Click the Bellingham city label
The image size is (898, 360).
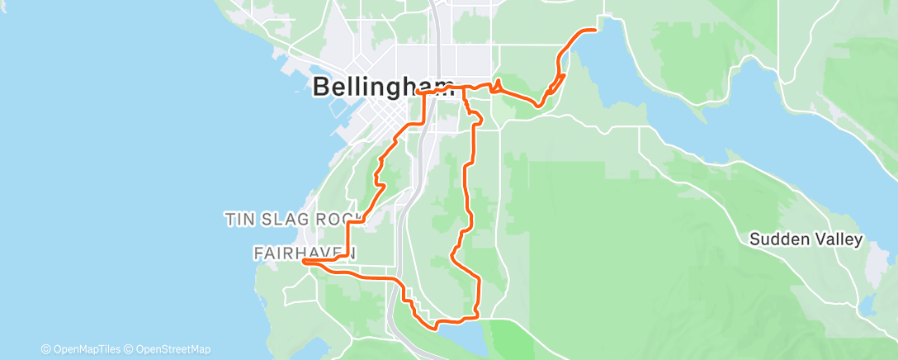[x=384, y=88]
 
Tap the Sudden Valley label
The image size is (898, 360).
[x=806, y=240]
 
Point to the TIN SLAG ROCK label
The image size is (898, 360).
[x=295, y=220]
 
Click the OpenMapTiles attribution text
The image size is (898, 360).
[x=85, y=349]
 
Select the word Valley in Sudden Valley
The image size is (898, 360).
[x=838, y=240]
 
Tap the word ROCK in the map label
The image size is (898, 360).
[x=339, y=220]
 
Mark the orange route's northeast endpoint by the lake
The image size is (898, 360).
[x=594, y=30]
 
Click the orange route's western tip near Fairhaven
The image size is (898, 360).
[x=305, y=261]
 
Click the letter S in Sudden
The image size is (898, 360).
[x=754, y=240]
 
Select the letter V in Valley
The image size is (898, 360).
[x=819, y=240]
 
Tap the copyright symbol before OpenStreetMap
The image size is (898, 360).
[x=130, y=349]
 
